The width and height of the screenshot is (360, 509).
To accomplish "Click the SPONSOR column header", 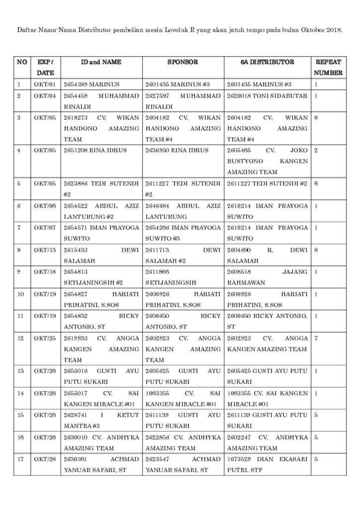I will (x=182, y=63).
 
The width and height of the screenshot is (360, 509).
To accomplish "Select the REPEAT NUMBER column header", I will (x=328, y=68).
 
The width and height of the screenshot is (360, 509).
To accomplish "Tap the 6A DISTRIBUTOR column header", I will (x=267, y=63).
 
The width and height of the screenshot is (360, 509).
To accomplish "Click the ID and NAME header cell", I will (x=101, y=63).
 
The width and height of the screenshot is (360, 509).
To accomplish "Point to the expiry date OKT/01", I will (x=45, y=85).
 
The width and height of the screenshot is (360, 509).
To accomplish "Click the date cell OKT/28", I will (x=45, y=459).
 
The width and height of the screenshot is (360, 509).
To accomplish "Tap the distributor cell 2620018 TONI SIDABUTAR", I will (x=267, y=96).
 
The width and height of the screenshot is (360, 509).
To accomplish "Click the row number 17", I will (x=20, y=459).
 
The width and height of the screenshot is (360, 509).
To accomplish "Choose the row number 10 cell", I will (x=20, y=294).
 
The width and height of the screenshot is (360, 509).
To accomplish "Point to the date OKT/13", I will (x=45, y=250).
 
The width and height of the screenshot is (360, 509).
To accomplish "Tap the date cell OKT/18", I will (x=45, y=272).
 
